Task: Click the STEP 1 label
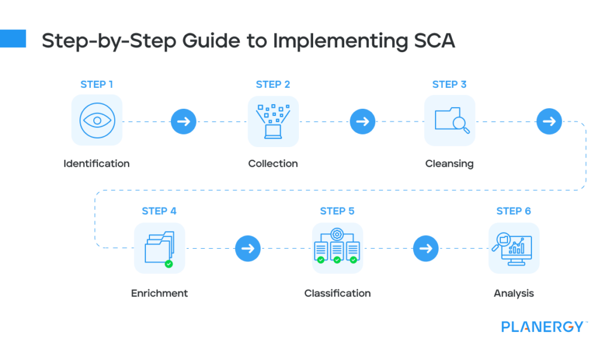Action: (96, 84)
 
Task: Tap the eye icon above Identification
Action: (97, 120)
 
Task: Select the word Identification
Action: (96, 163)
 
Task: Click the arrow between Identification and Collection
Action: (183, 122)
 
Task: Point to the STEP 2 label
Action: (273, 84)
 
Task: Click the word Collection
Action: (273, 163)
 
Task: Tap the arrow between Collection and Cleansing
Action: (362, 122)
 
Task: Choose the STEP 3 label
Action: (449, 84)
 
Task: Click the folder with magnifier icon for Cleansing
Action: (450, 120)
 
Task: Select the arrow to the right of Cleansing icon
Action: (549, 122)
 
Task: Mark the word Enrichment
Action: (159, 293)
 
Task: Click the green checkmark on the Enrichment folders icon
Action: (169, 263)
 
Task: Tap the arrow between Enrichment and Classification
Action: (247, 248)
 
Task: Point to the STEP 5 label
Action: (337, 211)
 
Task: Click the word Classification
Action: (337, 293)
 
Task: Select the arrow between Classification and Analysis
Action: (425, 248)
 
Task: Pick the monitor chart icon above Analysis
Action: (513, 248)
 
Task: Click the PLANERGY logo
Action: (541, 327)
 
